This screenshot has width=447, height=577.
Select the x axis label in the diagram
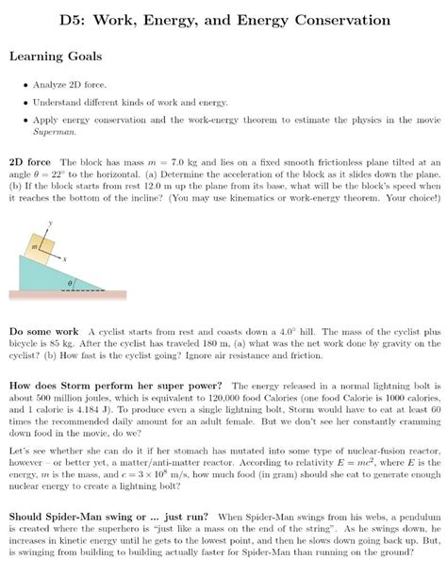65,256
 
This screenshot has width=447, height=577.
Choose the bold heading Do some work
43,332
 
